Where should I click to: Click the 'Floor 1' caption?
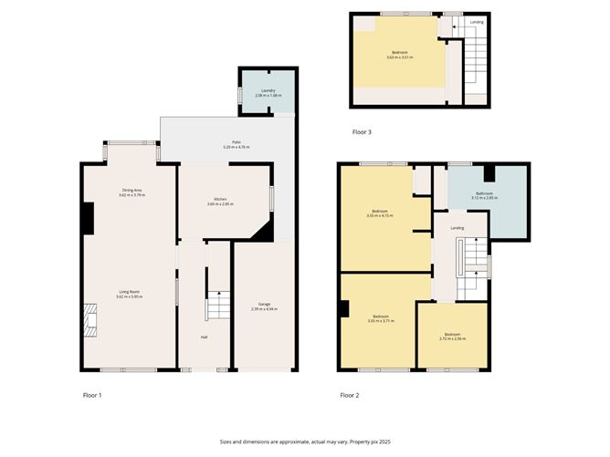point(92,395)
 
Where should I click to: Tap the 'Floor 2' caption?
point(350,395)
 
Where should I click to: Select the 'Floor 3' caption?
point(362,132)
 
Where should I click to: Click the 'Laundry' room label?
point(268,90)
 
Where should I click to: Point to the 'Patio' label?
point(236,143)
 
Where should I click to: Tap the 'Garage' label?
point(263,306)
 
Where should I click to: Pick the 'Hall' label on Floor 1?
point(205,337)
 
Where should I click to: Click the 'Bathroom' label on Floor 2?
point(484,193)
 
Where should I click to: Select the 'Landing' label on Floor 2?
point(457,225)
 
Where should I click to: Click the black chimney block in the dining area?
point(88,217)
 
